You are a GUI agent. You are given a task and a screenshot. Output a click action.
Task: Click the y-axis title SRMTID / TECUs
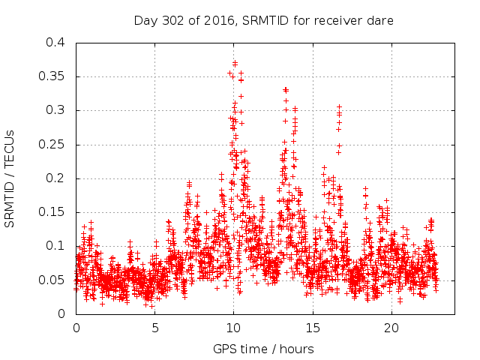pyautogui.click(x=10, y=178)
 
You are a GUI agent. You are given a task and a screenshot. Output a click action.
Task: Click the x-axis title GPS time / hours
pyautogui.click(x=263, y=349)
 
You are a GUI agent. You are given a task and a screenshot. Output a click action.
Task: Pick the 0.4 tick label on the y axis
pyautogui.click(x=55, y=43)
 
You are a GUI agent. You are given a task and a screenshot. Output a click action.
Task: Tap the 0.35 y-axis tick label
pyautogui.click(x=52, y=76)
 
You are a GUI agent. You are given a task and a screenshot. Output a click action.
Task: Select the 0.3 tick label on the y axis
pyautogui.click(x=55, y=110)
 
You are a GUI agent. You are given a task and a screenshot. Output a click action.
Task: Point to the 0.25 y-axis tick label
pyautogui.click(x=52, y=145)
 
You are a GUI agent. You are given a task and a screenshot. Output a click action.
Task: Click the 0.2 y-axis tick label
pyautogui.click(x=55, y=178)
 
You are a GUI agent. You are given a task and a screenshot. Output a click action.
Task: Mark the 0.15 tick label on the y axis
pyautogui.click(x=52, y=212)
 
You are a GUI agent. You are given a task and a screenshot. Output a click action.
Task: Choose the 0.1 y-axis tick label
pyautogui.click(x=55, y=246)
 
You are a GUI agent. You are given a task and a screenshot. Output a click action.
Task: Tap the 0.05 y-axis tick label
pyautogui.click(x=52, y=280)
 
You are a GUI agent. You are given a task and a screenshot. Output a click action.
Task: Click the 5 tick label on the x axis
pyautogui.click(x=155, y=328)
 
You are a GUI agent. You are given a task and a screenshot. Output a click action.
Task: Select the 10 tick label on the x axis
pyautogui.click(x=233, y=328)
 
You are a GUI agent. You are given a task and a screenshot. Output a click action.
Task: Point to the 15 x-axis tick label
pyautogui.click(x=312, y=328)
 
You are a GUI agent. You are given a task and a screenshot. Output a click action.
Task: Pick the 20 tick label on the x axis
pyautogui.click(x=391, y=328)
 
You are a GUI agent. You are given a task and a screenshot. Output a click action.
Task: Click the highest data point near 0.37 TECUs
pyautogui.click(x=235, y=63)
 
